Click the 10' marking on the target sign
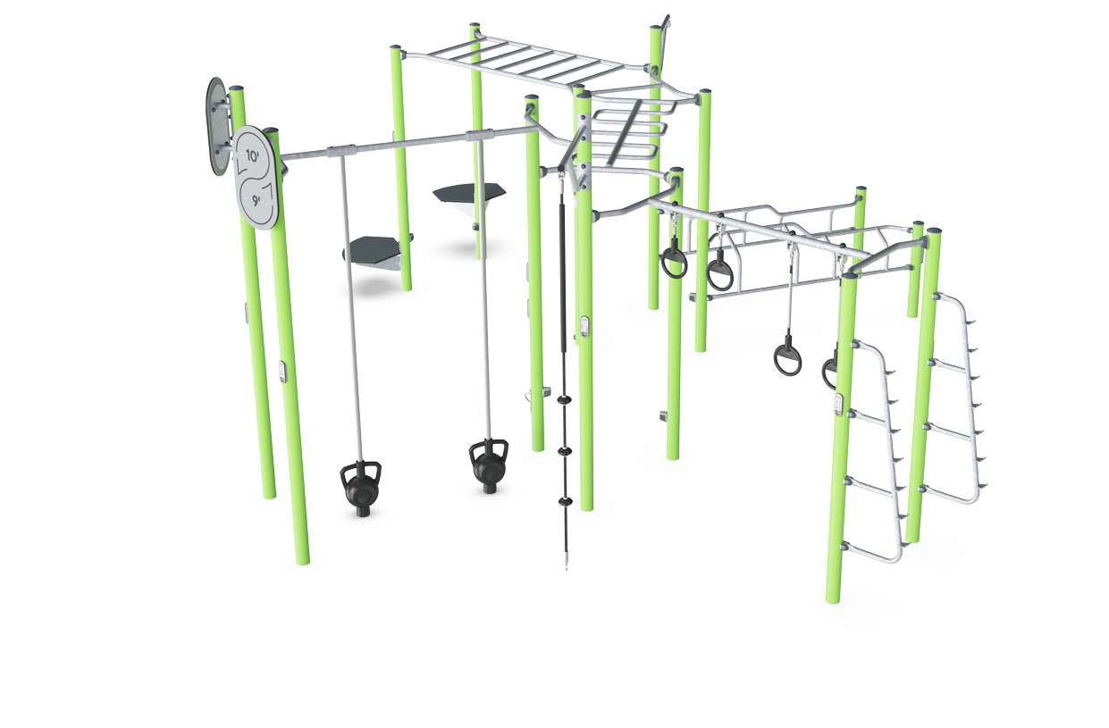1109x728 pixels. pos(253,156)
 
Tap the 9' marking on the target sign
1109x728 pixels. pos(256,200)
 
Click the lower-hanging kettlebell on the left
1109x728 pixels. pos(361,489)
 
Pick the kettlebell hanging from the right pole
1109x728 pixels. pos(488,466)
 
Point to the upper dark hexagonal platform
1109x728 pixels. pos(469,193)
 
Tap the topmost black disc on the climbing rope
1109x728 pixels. pos(565,399)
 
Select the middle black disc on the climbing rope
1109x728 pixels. pos(565,451)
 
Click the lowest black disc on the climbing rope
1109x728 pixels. pos(566,501)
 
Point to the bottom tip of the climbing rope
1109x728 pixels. pos(567,570)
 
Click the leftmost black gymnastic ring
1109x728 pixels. pos(674,263)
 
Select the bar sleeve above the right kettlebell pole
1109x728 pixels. pos(479,135)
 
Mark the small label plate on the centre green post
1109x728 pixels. pos(584,327)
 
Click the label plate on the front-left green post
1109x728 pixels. pos(281,372)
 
